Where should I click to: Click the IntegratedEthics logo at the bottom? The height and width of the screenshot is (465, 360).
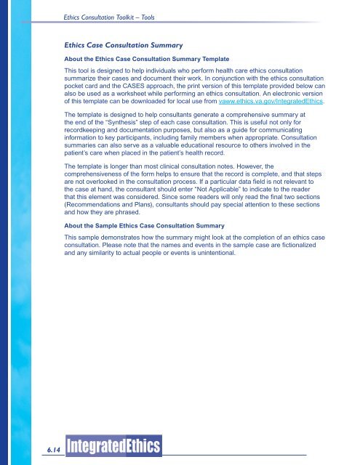pos(113,444)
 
